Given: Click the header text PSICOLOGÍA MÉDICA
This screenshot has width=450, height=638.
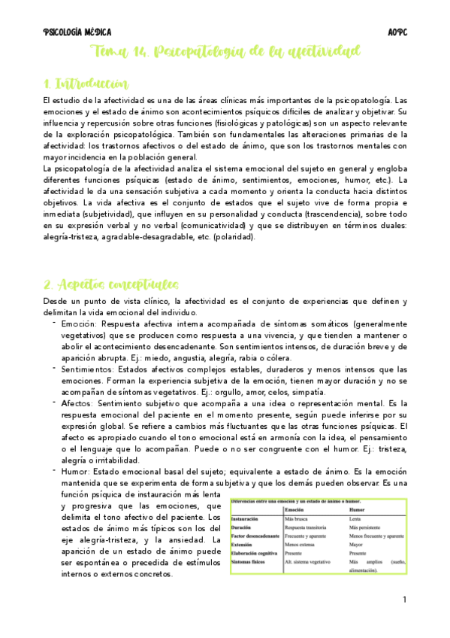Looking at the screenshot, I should pos(77,32).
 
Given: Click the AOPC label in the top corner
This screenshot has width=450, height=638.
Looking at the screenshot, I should pos(397,32).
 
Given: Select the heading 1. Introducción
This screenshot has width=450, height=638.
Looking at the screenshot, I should pos(86,83).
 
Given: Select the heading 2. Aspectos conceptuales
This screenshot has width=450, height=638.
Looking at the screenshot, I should pos(110,284).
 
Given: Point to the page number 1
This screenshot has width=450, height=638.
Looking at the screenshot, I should pos(404,600).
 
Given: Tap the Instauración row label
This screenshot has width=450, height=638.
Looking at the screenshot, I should pos(250,519).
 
